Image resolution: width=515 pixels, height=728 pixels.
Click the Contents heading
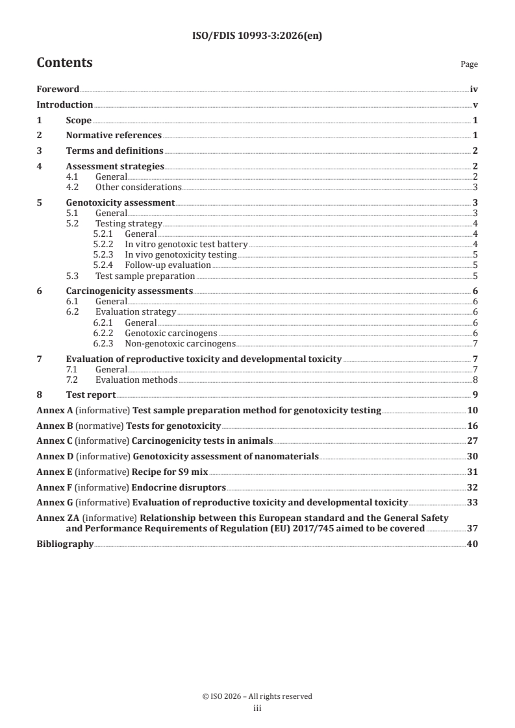click(64, 63)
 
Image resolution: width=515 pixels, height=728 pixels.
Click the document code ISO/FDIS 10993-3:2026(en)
click(257, 36)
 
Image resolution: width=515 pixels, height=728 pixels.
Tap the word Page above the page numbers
click(469, 64)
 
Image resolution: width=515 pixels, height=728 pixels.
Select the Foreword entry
click(58, 89)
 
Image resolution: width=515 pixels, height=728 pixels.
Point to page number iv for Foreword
click(474, 89)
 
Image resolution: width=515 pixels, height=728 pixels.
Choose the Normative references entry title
click(114, 136)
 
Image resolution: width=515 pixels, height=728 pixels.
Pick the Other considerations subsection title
click(138, 187)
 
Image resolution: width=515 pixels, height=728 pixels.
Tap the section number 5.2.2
click(104, 244)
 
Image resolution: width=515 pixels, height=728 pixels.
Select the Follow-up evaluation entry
click(168, 265)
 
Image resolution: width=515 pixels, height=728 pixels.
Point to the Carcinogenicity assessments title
click(129, 291)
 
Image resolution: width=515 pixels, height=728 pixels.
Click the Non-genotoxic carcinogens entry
click(180, 343)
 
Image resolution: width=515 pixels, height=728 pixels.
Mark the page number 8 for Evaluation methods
click(476, 380)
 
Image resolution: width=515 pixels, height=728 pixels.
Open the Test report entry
click(91, 394)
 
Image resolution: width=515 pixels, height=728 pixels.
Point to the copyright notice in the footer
click(257, 696)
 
